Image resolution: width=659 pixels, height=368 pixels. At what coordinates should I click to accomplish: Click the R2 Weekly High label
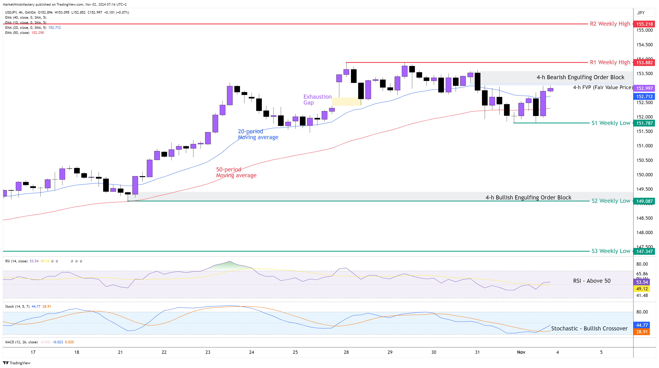point(610,24)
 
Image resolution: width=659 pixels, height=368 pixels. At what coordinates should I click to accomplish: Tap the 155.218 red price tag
point(644,24)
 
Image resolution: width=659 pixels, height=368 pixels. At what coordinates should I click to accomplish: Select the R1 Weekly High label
point(610,62)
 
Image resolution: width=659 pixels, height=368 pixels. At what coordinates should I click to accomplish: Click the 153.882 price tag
point(644,63)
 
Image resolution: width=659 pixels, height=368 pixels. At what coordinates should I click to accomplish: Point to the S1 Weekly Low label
point(611,123)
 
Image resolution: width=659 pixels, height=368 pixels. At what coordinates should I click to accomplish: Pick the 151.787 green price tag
point(644,123)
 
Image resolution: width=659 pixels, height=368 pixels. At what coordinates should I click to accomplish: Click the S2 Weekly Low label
point(611,201)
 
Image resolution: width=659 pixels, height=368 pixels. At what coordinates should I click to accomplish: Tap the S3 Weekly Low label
point(611,251)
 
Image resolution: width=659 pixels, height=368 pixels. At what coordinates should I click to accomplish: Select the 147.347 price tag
point(644,251)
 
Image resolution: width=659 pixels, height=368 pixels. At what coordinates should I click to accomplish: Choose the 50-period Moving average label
point(236,172)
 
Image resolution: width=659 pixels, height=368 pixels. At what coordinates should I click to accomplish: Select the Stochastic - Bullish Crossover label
point(589,328)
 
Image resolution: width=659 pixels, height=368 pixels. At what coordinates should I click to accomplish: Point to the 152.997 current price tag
point(644,88)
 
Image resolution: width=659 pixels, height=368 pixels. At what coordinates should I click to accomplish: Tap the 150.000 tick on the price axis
point(644,175)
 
